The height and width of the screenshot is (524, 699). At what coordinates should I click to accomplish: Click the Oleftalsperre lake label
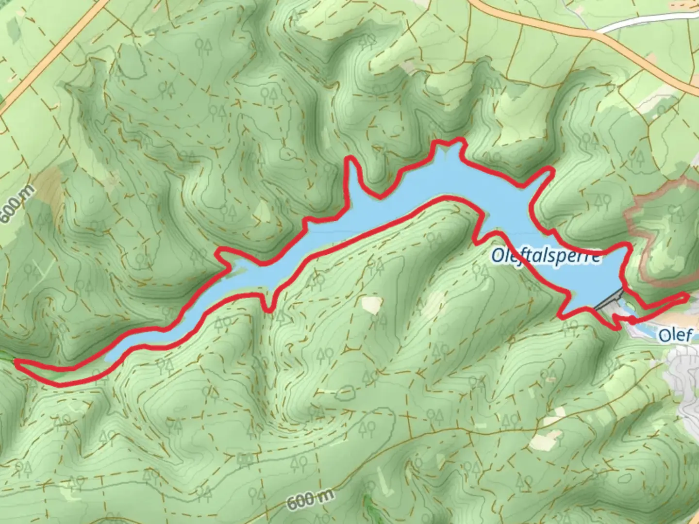coord(546,255)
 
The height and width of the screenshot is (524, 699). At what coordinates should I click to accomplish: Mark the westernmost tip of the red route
coord(17,362)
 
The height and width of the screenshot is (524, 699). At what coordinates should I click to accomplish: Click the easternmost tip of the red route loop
coord(687,296)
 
